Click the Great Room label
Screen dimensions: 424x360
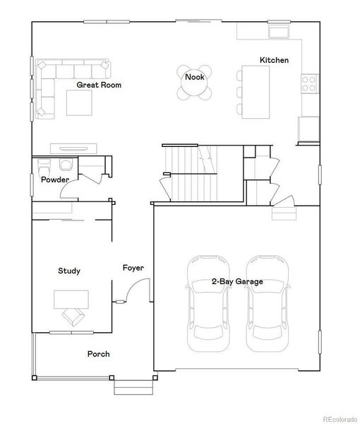[x=99, y=85]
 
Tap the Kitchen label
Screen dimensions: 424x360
[x=274, y=60]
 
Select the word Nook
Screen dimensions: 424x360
[x=195, y=76]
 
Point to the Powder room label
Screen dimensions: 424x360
[x=54, y=179]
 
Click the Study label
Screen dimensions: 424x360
[x=68, y=271]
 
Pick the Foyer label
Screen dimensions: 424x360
[x=133, y=268]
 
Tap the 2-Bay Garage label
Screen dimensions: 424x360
[x=237, y=281]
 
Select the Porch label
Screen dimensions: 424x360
[x=98, y=354]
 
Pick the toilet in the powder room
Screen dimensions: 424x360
[x=66, y=165]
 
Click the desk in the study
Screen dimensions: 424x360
[x=71, y=298]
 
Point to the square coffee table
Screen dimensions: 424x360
[x=80, y=102]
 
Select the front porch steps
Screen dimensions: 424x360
[x=133, y=387]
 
